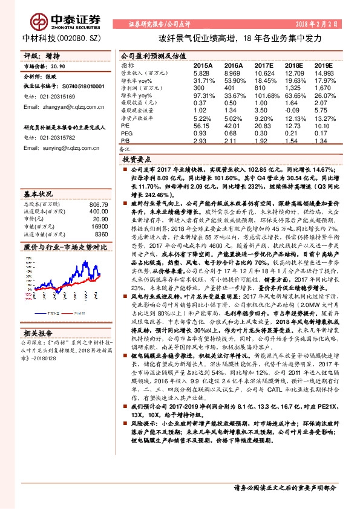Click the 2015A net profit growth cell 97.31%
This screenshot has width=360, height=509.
point(204,96)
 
